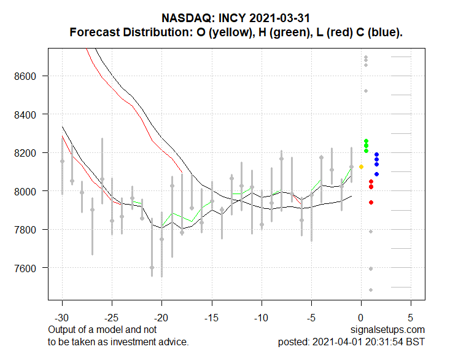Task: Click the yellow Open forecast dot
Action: coord(361,166)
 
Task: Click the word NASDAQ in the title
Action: coord(185,18)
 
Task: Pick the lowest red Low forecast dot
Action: coord(371,202)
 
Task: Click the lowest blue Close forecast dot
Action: coord(376,174)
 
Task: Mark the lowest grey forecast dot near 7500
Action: coord(371,290)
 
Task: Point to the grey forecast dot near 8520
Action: coord(366,91)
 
